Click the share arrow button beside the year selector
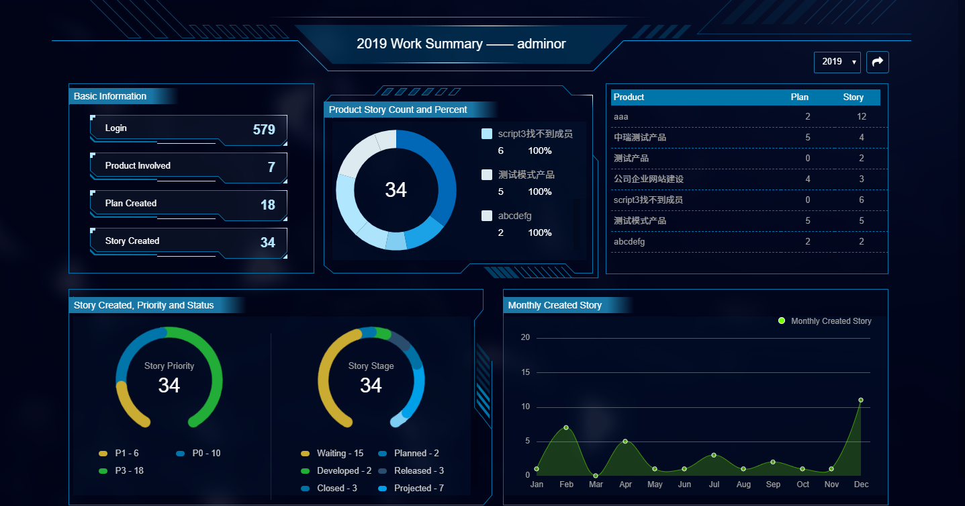[x=877, y=62]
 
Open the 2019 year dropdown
[x=837, y=62]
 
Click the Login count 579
[x=264, y=130]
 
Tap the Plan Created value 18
[x=268, y=205]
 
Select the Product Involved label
[x=138, y=166]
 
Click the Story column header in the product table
[x=853, y=97]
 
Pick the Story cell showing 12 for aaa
[x=862, y=117]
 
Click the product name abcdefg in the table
[x=629, y=242]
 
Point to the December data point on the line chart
[x=861, y=400]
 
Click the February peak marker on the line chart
[x=566, y=427]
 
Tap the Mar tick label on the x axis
[x=596, y=484]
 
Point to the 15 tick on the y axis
[x=525, y=372]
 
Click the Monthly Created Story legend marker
[x=782, y=321]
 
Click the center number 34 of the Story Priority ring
[x=169, y=385]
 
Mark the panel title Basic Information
[x=110, y=96]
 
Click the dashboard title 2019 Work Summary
[x=461, y=44]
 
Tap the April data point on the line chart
[x=625, y=441]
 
